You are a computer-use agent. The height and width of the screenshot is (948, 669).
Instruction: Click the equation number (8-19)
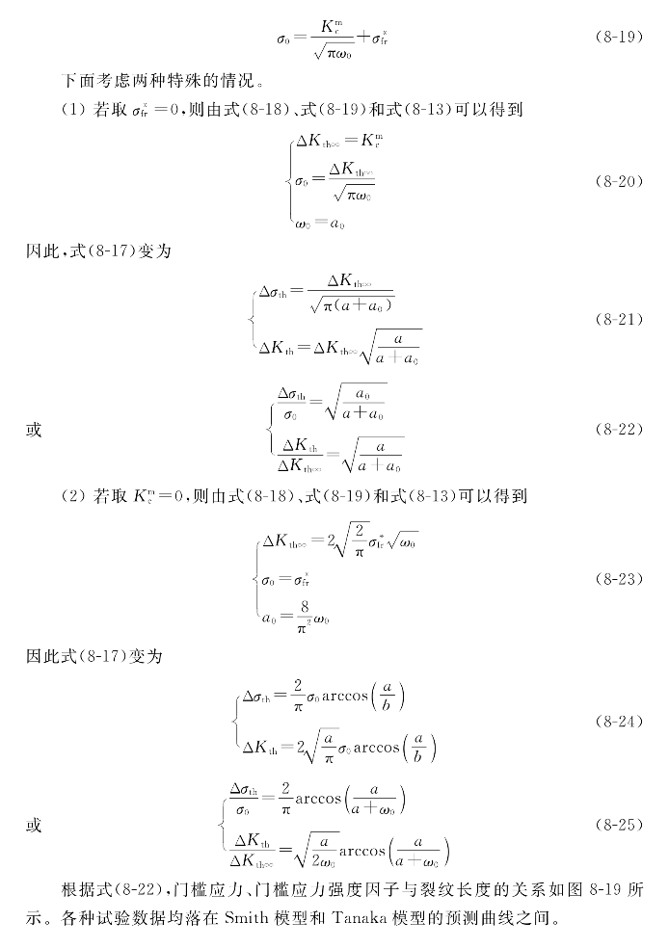[615, 39]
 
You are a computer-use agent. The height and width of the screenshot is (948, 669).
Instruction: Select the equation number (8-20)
[615, 180]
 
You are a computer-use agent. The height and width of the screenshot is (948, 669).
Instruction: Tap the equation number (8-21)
[615, 319]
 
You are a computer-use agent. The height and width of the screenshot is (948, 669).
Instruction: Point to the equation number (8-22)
[615, 429]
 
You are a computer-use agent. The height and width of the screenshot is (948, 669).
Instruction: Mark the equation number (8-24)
[615, 721]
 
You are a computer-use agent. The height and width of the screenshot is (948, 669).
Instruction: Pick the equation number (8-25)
[615, 826]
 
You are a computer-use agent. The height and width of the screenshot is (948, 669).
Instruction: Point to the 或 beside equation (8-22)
[34, 430]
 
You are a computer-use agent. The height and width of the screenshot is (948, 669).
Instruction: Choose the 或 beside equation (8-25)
[34, 826]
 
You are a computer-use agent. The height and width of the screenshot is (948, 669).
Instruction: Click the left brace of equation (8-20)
[290, 181]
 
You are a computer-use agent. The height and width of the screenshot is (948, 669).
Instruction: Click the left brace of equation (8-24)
[235, 721]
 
